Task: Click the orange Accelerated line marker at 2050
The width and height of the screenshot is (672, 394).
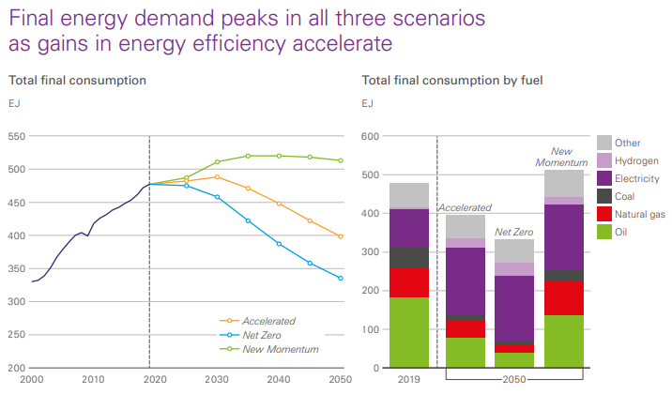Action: [340, 236]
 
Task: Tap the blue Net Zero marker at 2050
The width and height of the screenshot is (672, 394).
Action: [340, 279]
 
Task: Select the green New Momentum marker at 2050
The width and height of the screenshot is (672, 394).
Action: [340, 160]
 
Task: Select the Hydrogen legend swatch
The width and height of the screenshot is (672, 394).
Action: [604, 160]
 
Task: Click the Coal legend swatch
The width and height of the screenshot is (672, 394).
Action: [604, 196]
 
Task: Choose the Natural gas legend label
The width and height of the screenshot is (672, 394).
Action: [642, 215]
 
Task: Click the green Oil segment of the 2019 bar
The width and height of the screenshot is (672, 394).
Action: [409, 332]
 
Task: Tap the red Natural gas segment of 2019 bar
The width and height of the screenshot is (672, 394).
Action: [409, 282]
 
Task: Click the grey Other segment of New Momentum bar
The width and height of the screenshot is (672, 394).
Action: [564, 183]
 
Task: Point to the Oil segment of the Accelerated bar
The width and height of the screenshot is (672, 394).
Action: [466, 352]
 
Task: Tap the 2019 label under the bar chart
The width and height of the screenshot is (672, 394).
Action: [408, 381]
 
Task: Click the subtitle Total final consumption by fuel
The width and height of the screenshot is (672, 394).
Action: [452, 80]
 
